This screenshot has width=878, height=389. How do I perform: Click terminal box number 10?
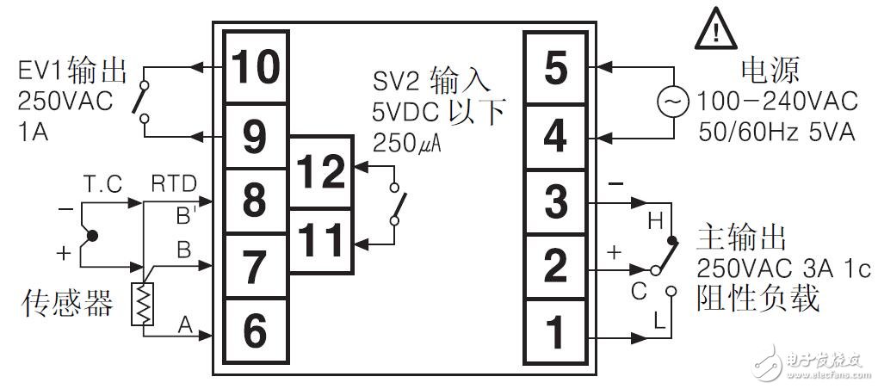tap(256, 67)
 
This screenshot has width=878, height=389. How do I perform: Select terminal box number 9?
tap(256, 135)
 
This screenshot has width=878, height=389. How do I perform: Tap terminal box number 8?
tap(256, 201)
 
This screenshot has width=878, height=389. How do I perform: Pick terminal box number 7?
tap(256, 266)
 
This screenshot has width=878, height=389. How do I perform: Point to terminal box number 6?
tap(256, 330)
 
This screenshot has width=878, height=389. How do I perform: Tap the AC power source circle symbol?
tap(671, 102)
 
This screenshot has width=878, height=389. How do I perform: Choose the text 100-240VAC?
tap(777, 102)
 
